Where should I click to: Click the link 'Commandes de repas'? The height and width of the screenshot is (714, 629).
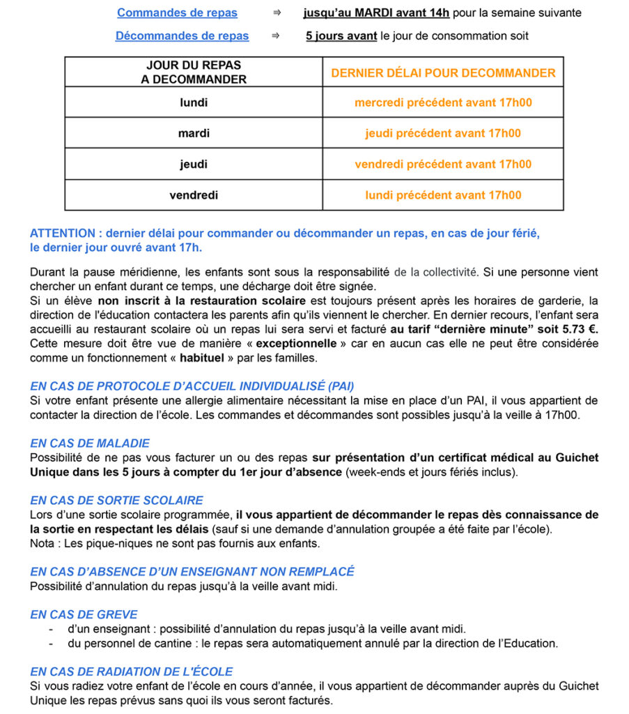pos(177,13)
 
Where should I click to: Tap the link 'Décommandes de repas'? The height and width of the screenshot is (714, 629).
pos(182,36)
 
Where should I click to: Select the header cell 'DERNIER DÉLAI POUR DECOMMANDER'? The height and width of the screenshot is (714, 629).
pos(443,73)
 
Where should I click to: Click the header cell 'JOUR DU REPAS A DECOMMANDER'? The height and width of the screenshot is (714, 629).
pos(194,73)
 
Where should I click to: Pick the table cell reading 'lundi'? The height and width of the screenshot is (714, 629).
pos(194,102)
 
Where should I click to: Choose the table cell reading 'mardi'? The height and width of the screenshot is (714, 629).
pos(194,133)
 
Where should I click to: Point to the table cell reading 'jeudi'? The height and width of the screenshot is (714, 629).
pos(194,165)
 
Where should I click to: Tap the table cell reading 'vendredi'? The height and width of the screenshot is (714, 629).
pos(194,195)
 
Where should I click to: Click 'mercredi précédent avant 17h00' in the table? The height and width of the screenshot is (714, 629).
pos(443,102)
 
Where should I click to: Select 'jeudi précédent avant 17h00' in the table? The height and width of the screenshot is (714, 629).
pos(443,133)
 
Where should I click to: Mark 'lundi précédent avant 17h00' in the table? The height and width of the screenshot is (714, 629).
pos(443,195)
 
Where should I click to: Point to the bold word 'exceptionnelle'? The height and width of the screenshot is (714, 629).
pos(293,344)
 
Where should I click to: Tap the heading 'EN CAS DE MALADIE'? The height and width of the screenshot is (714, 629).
pos(90,443)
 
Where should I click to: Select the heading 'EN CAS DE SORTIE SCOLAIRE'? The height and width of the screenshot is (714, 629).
pos(116,501)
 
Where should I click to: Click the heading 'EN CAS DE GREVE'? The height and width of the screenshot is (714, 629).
pos(84,615)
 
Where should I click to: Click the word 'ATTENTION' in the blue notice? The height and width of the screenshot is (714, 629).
pos(62,234)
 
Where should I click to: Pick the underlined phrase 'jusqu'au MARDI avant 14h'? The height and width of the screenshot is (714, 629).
pos(376,13)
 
